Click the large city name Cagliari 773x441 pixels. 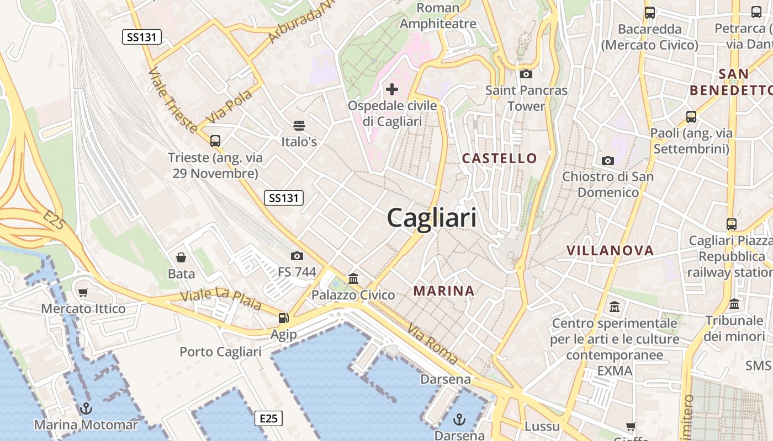click(x=431, y=218)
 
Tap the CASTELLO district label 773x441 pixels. click(x=499, y=158)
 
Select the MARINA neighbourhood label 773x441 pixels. click(x=444, y=291)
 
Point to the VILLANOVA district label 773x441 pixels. click(x=610, y=250)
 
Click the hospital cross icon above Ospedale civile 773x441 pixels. click(x=392, y=89)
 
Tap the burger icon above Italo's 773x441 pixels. click(x=299, y=126)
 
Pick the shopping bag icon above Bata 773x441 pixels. click(x=181, y=257)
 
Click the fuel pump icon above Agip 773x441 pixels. click(x=283, y=318)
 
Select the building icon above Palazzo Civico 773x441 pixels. click(x=353, y=278)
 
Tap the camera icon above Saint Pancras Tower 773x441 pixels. click(x=526, y=74)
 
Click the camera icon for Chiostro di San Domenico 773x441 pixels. click(x=608, y=160)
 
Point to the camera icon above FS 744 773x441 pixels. click(x=297, y=256)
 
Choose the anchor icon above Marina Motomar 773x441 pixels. click(x=86, y=408)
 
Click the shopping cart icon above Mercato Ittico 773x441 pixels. click(x=83, y=292)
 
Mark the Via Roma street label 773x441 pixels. click(x=433, y=344)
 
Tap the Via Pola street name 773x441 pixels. click(x=229, y=106)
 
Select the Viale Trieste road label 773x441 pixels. click(x=172, y=101)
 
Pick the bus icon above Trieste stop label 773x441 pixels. click(x=215, y=141)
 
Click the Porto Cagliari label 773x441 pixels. click(x=220, y=352)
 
